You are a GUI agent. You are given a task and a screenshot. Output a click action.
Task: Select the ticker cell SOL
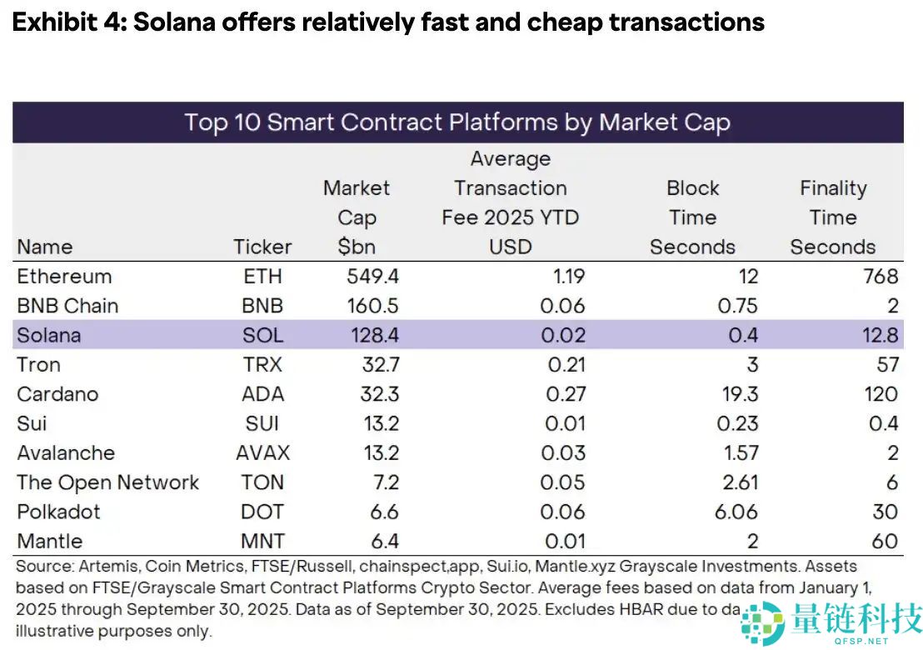point(262,335)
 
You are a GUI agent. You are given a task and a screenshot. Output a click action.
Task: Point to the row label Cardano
point(57,394)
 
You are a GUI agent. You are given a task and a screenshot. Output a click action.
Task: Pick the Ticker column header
point(262,247)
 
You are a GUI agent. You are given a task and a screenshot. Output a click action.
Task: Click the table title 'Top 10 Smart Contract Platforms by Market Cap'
point(457,122)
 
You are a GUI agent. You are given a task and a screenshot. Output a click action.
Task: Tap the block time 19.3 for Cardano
point(737,394)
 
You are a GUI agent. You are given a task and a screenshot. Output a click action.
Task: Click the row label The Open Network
point(108,482)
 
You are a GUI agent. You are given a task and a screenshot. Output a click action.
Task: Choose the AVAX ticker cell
point(262,452)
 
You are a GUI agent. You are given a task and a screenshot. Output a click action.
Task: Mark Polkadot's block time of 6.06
point(736,512)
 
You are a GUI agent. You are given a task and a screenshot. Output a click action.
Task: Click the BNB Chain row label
point(67,306)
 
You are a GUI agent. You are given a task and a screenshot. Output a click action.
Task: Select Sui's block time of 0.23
point(737,423)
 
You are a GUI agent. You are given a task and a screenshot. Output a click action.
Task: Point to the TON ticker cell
point(262,482)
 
